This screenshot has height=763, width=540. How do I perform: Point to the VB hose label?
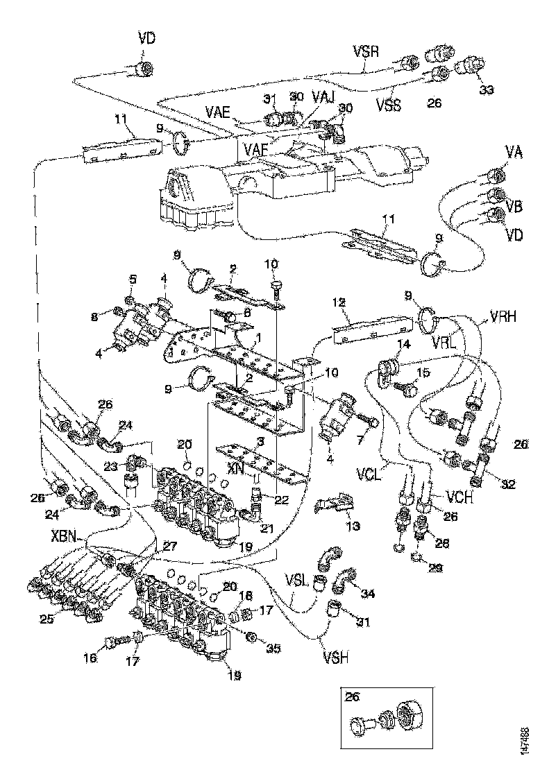coord(514,206)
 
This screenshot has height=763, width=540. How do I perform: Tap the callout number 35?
coord(273,649)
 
